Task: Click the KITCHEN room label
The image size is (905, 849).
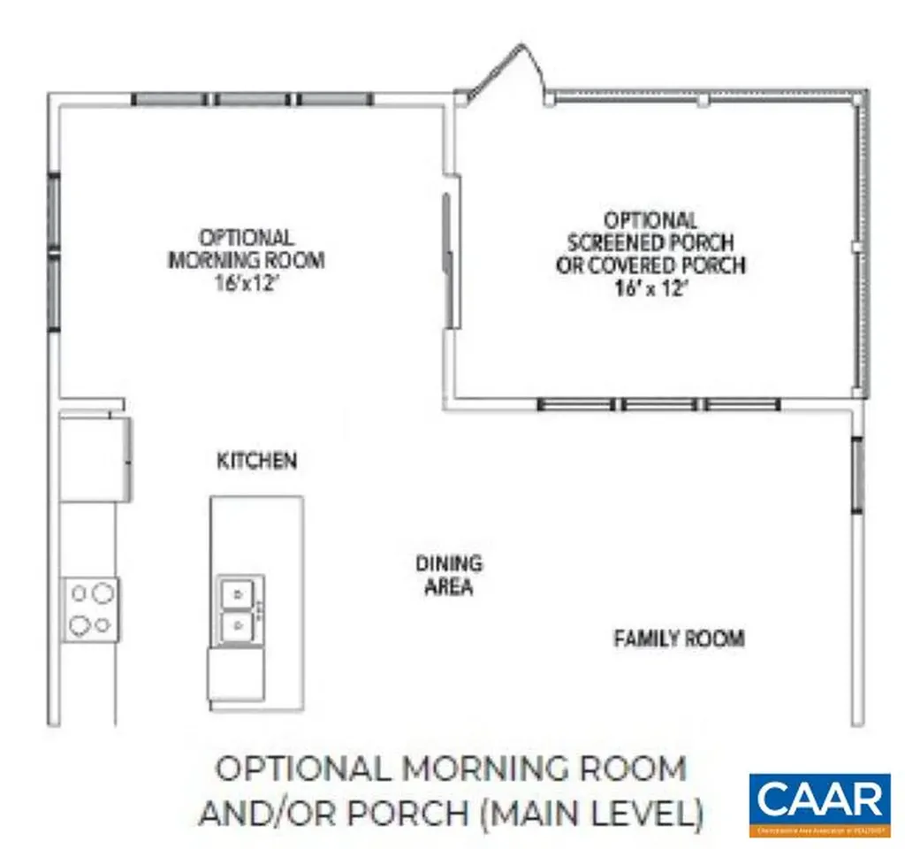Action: (x=256, y=461)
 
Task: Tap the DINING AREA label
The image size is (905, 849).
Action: (x=449, y=575)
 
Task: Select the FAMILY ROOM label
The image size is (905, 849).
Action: (x=679, y=638)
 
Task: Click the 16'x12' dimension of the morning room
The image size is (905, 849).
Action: (x=246, y=284)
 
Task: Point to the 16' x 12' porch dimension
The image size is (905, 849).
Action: (x=650, y=288)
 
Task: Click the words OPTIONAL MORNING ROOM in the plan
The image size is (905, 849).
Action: (x=246, y=249)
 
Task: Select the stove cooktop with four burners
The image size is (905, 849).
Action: (x=90, y=609)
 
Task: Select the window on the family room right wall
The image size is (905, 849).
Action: (x=856, y=475)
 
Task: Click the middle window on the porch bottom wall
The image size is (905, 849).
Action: (x=658, y=405)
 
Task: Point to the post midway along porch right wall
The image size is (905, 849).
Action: (x=856, y=247)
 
